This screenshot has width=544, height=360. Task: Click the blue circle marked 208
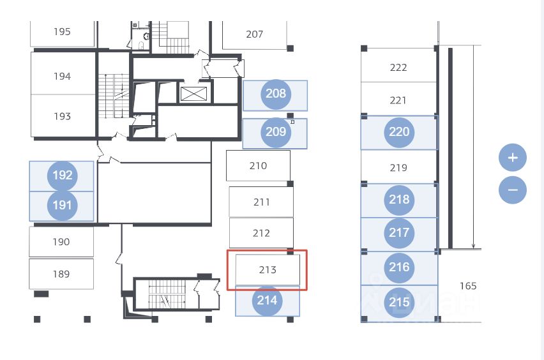276,94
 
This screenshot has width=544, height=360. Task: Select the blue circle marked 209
276,132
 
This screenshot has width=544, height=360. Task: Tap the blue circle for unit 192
63,176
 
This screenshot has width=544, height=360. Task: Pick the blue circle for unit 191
63,206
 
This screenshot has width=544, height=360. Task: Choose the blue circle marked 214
267,301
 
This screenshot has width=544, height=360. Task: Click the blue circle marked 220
399,132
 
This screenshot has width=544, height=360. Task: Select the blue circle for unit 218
399,200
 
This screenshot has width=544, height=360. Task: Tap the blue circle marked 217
399,233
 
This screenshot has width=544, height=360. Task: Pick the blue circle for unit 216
399,267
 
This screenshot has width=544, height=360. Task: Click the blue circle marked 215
399,303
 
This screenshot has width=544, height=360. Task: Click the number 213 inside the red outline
268,270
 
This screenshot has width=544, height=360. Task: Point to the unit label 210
258,166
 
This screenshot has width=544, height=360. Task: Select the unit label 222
398,68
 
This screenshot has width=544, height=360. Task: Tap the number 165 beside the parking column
468,286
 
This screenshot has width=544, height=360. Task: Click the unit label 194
62,77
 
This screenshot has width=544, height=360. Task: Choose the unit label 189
61,274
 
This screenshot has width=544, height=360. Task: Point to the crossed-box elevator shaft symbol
193,94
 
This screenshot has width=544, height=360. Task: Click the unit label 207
254,34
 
